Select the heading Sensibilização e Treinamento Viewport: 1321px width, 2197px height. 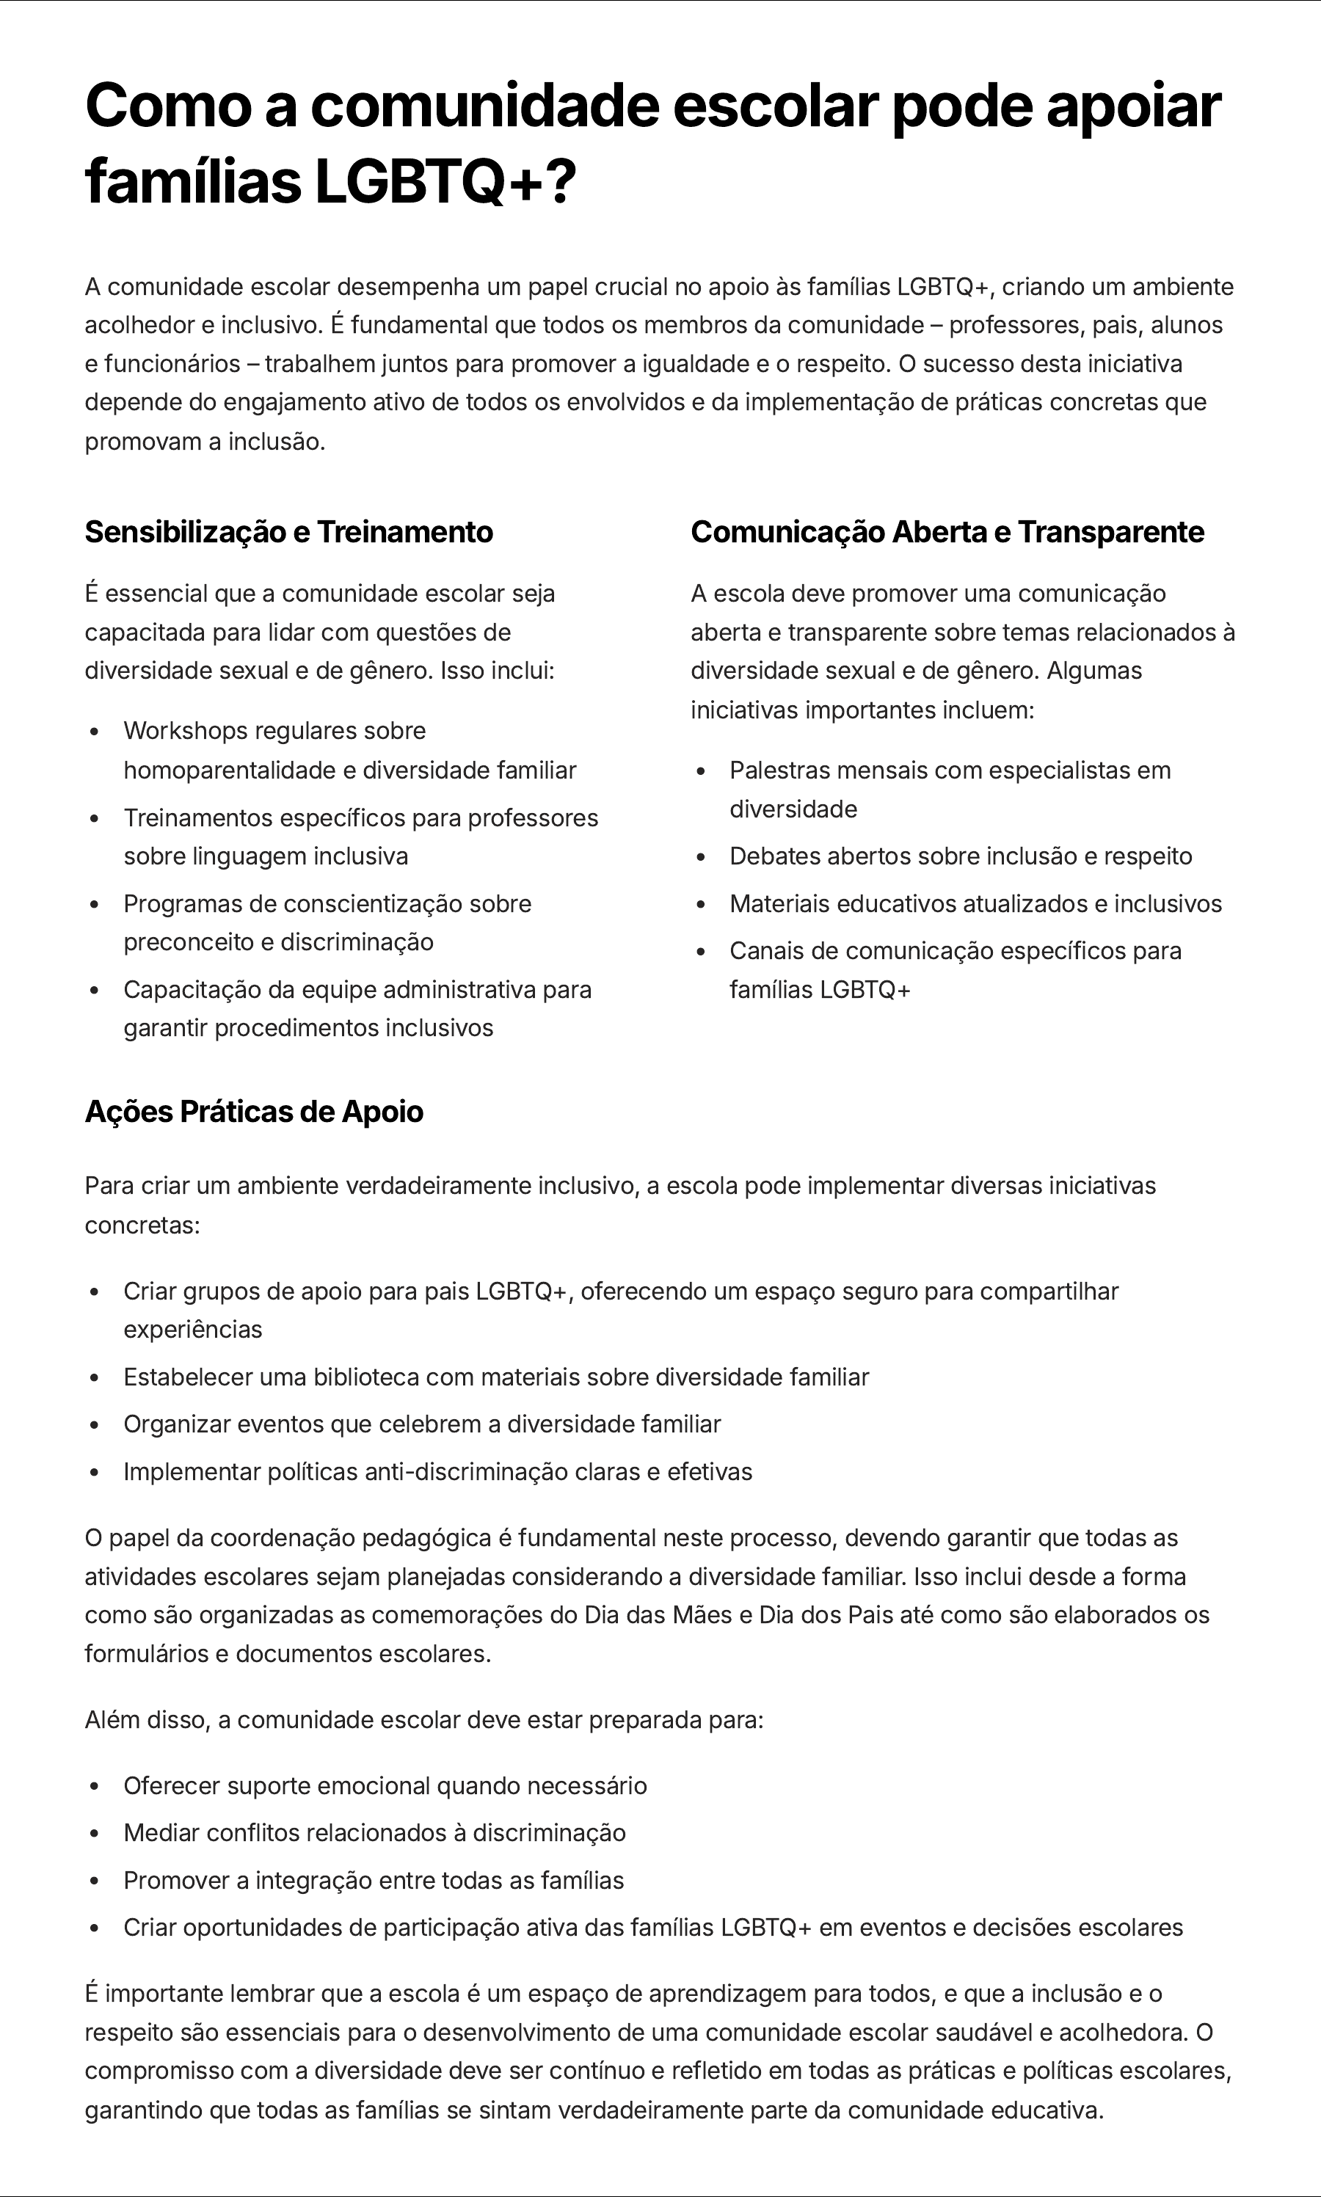[288, 531]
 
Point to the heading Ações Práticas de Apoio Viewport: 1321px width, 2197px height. [254, 1112]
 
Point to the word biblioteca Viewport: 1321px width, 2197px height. [366, 1377]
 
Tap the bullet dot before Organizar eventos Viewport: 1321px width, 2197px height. [95, 1424]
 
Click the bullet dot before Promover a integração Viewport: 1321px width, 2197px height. [95, 1881]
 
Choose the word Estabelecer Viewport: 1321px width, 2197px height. [188, 1377]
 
